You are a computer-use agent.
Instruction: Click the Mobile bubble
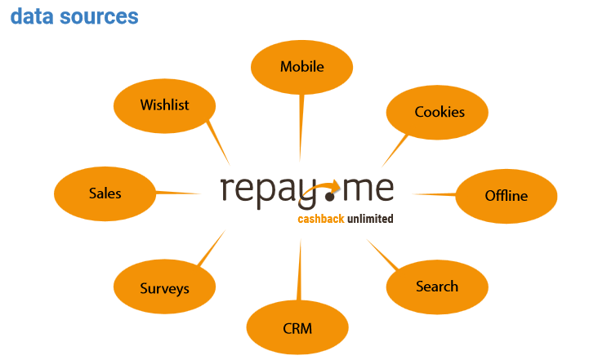[x=301, y=67]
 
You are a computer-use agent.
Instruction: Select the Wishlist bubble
[x=164, y=105]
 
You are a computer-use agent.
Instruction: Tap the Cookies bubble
[x=437, y=113]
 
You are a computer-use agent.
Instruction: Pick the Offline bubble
[x=506, y=196]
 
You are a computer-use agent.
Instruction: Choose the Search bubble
[x=437, y=287]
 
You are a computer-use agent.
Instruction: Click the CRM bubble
[x=297, y=327]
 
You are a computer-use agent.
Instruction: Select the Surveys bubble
[x=164, y=287]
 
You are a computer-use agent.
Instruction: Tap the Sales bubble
[x=105, y=194]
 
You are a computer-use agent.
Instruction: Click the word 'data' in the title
[x=31, y=16]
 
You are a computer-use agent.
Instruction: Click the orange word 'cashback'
[x=321, y=219]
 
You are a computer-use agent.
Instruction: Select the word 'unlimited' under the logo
[x=370, y=218]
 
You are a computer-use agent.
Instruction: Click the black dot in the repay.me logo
[x=330, y=196]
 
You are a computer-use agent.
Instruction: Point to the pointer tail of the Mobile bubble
[x=301, y=127]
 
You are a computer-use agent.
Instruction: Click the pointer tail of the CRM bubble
[x=299, y=270]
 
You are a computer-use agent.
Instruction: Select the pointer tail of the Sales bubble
[x=179, y=193]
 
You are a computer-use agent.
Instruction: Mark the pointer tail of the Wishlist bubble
[x=218, y=143]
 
